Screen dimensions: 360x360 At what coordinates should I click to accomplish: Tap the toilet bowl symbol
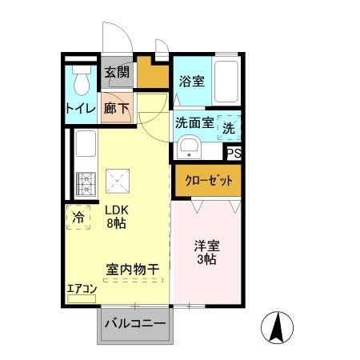point(80,82)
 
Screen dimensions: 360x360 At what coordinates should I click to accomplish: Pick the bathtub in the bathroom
point(228,82)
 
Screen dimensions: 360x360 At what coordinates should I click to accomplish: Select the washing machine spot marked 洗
point(229,126)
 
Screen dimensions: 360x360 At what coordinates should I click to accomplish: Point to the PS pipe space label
point(234,154)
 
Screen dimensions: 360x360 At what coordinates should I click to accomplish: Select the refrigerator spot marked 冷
point(78,217)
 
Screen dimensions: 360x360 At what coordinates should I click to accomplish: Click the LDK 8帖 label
point(118,217)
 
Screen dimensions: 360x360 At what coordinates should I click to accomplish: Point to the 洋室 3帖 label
point(206,253)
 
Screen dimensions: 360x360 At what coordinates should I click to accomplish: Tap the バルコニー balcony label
point(134,324)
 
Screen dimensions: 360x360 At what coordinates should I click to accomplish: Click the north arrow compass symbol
point(278,326)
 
